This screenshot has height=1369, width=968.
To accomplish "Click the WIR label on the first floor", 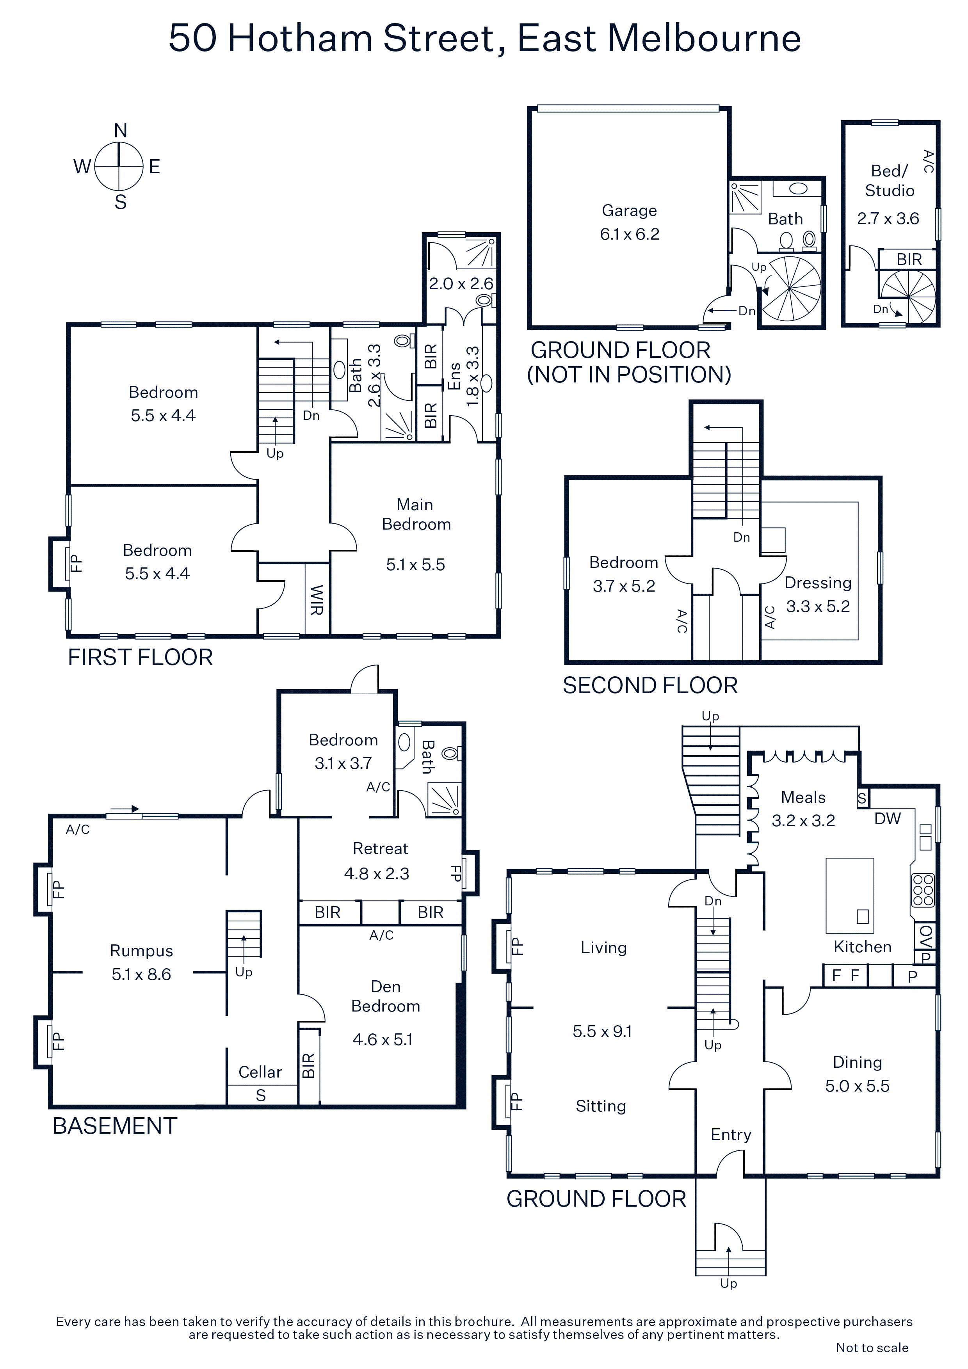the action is pos(317,600).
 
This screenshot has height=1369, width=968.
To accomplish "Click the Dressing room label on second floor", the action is pos(818,583).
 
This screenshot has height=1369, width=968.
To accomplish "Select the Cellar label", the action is pos(260,1072).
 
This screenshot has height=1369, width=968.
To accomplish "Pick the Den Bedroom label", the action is pos(385,996).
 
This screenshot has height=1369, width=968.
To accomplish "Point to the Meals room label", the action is pos(803,797).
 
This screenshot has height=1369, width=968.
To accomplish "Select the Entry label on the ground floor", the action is pos(731,1135).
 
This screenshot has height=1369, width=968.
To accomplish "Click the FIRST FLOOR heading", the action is pos(140,657).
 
